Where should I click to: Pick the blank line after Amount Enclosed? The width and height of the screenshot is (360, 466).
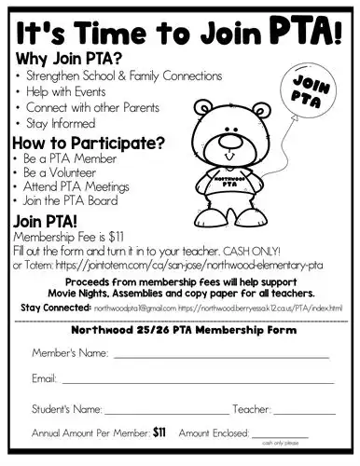pos(279,435)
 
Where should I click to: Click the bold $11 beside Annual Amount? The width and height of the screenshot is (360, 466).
pos(159,432)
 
